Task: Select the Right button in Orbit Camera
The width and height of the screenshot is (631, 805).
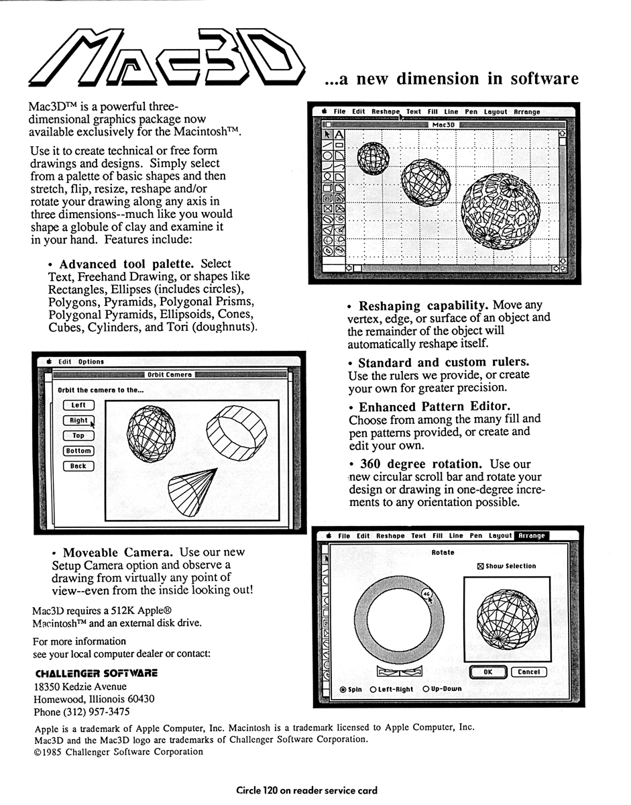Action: (78, 421)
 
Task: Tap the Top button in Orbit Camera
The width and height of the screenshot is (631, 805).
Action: (78, 436)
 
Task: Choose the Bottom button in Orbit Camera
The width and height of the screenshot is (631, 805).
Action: (78, 451)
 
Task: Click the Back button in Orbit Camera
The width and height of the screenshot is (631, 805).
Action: (78, 466)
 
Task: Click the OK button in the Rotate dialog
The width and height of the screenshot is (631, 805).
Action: (487, 672)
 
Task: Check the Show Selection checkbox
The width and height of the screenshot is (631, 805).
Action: (479, 566)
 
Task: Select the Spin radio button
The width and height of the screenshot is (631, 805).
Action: (343, 690)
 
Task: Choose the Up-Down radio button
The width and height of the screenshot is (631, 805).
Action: (426, 689)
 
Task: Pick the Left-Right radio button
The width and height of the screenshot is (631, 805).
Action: (373, 690)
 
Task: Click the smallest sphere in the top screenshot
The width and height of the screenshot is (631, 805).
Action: (373, 158)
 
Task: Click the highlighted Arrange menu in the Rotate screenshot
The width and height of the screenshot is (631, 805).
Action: (530, 536)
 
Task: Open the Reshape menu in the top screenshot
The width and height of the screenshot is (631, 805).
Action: (386, 112)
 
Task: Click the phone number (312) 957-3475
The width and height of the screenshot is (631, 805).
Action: (82, 712)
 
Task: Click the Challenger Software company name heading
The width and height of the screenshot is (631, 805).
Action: (96, 673)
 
